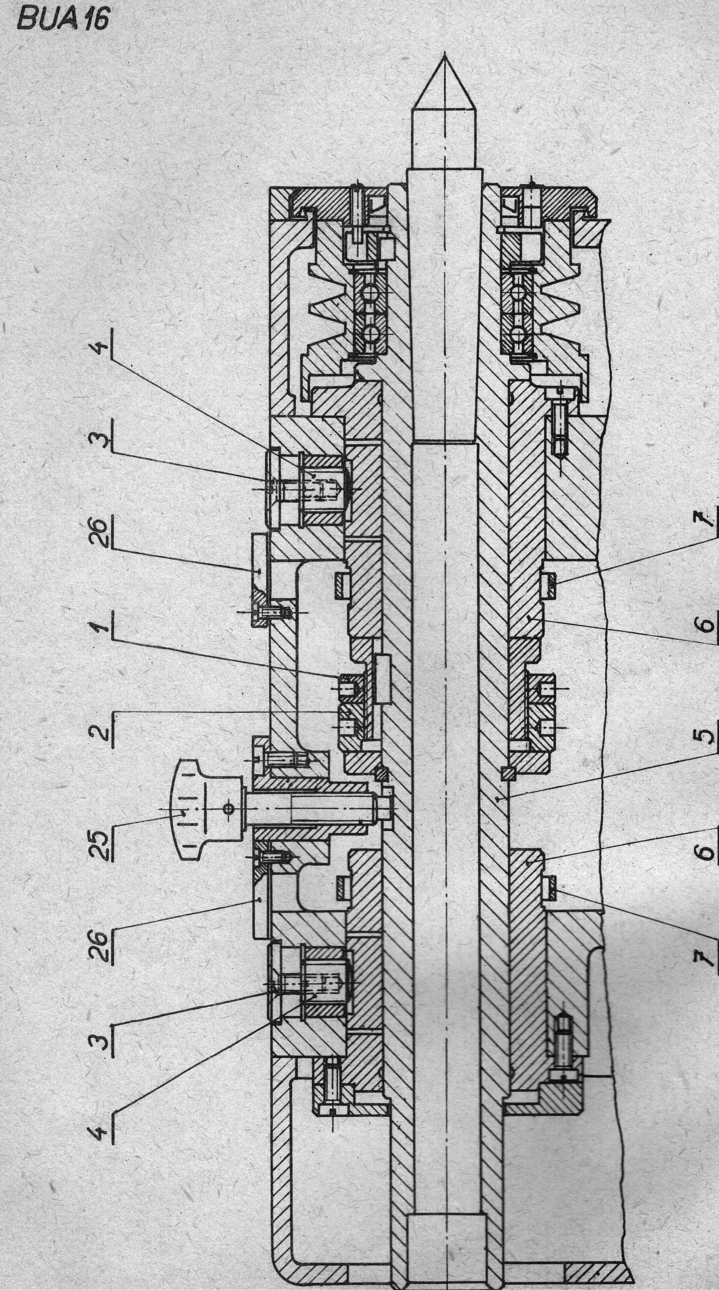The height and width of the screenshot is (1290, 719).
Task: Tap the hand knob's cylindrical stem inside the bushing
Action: click(x=301, y=809)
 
